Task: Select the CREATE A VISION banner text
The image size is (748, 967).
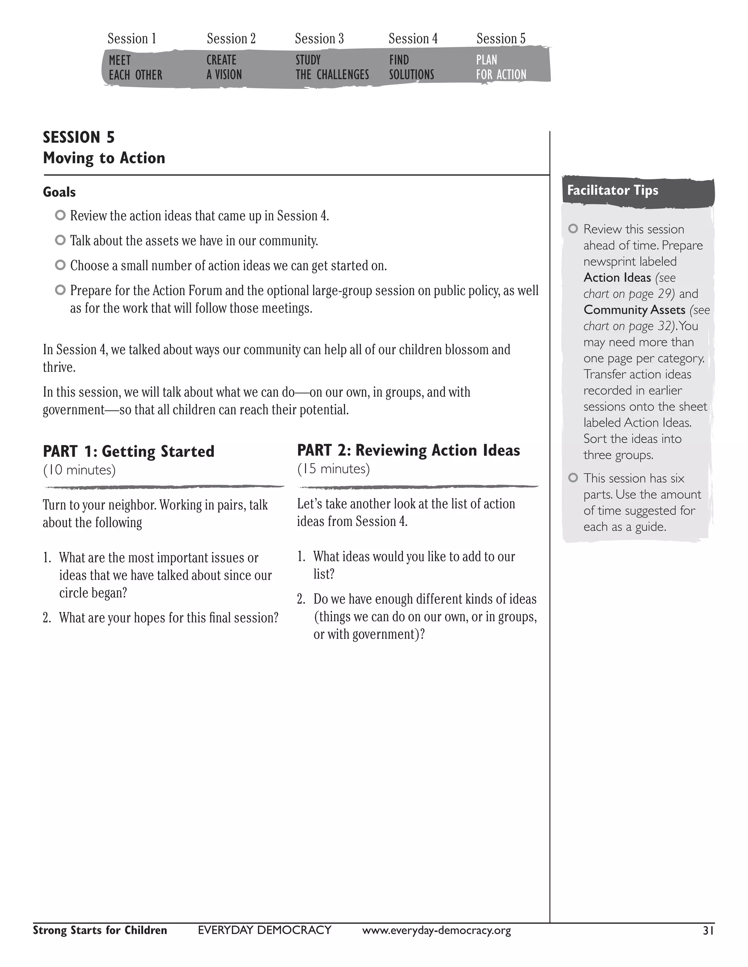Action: point(224,67)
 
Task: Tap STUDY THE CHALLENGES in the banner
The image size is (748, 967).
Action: point(332,67)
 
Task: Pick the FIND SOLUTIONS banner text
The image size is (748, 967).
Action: point(411,67)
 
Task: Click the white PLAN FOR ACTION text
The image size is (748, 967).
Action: point(501,67)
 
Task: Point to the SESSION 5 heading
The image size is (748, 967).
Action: point(79,137)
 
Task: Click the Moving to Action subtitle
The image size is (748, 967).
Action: point(104,158)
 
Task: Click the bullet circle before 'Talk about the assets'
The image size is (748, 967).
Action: point(60,240)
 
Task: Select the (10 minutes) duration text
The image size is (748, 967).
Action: point(79,470)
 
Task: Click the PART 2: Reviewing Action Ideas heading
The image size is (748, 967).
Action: point(408,450)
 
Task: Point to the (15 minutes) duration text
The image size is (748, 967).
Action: point(333,469)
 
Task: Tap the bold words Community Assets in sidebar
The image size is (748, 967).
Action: point(634,309)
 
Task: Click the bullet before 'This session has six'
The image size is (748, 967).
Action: point(573,478)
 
